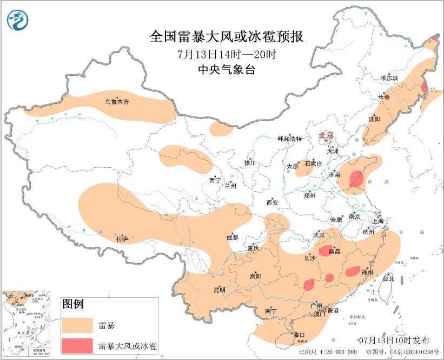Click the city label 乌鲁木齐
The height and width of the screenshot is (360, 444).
coord(117,101)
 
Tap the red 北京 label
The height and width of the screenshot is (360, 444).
coord(327,135)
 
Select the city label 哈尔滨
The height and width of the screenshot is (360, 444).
coord(389,78)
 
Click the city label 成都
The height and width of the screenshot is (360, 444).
coord(233,237)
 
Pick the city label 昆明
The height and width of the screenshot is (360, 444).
coord(220,290)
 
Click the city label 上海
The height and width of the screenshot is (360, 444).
coord(377,221)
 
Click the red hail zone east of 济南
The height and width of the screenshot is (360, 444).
coord(356,179)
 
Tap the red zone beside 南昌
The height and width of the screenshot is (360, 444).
coord(327,250)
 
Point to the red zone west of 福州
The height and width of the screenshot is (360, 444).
coord(352,271)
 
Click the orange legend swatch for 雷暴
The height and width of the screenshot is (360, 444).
coord(77,325)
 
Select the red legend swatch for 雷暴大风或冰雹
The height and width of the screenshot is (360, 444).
coord(77,345)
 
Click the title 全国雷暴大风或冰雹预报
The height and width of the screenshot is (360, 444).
coord(227,36)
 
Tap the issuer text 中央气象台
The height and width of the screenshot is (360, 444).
coord(227,69)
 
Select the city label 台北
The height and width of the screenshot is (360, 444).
coord(388,279)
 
